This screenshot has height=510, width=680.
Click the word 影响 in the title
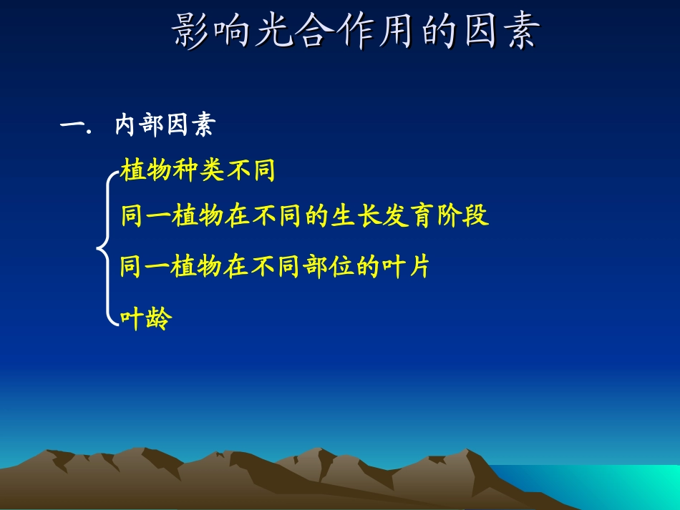click(213, 33)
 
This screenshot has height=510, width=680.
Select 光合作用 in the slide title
click(333, 33)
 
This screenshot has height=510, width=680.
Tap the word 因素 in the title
click(493, 33)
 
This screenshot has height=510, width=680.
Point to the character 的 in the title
click(433, 33)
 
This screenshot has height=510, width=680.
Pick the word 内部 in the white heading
click(140, 126)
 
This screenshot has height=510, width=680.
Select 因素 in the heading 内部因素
click(190, 126)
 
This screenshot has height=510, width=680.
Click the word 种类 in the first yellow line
click(198, 171)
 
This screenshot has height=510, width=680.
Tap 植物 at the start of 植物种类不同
click(146, 171)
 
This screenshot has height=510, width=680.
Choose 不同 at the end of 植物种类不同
click(250, 171)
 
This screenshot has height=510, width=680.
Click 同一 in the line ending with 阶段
click(146, 215)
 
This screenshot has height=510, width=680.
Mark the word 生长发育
click(378, 215)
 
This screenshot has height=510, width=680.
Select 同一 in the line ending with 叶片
click(146, 267)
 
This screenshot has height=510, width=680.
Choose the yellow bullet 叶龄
click(146, 318)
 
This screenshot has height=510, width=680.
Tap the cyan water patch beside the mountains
click(630, 486)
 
